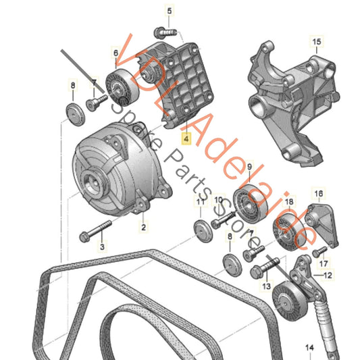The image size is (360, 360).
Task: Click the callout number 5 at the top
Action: [170, 11]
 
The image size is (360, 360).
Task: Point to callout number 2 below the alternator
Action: [143, 228]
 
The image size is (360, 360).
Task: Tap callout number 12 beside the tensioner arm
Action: [328, 275]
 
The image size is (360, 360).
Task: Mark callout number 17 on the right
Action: [324, 263]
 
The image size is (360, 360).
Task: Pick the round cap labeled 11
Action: [199, 227]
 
